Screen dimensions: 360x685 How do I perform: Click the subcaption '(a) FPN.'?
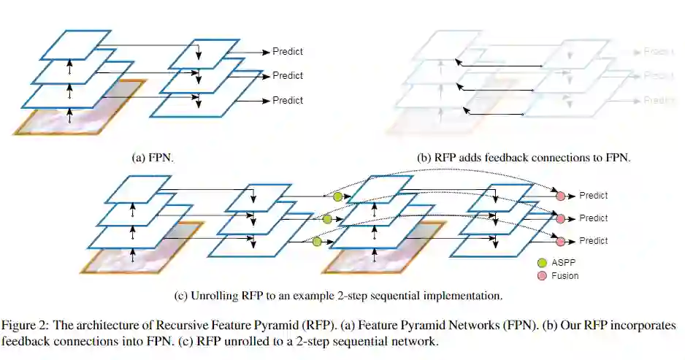click(152, 157)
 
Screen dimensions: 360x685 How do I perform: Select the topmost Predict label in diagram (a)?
click(288, 51)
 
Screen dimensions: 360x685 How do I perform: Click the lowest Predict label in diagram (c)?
click(594, 241)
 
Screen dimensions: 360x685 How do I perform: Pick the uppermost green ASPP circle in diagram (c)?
click(337, 197)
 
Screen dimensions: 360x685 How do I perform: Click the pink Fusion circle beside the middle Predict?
click(561, 218)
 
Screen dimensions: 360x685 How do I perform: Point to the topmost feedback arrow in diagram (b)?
click(500, 64)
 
